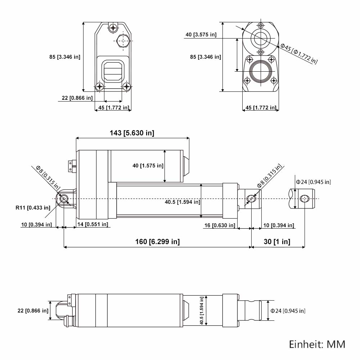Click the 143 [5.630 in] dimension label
132,133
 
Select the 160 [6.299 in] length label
157,242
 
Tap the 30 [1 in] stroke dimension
277,242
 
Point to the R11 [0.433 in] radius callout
33,208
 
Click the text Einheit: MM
317,345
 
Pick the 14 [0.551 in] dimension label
93,224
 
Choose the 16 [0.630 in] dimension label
220,225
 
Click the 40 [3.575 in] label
201,35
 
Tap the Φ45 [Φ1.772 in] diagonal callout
299,54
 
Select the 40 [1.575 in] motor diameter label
148,166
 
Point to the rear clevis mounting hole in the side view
64,199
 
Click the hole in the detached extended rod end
305,199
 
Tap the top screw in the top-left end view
113,28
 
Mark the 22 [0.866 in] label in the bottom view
33,311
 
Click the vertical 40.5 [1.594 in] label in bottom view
202,311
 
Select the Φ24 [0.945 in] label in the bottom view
288,311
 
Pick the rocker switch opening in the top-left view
113,71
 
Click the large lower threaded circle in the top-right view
261,71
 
